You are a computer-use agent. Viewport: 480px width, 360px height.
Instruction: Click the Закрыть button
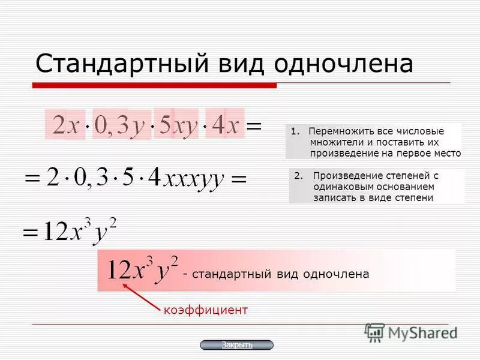[x=236, y=345]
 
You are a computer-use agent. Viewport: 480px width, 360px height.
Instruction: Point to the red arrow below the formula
[x=140, y=296]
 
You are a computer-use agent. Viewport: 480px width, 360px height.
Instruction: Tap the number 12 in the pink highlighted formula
[x=119, y=271]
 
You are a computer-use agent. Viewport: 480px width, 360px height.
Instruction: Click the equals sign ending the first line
[x=254, y=126]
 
